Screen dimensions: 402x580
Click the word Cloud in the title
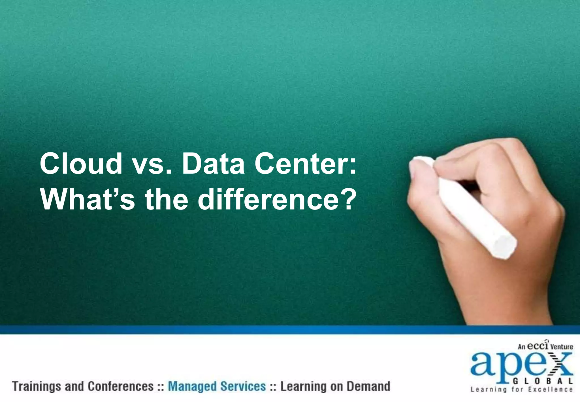click(x=81, y=164)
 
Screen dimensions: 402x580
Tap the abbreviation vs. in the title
click(x=152, y=165)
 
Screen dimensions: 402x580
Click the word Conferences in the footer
click(x=120, y=386)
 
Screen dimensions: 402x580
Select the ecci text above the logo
click(x=538, y=346)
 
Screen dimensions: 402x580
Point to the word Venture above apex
click(x=562, y=346)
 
